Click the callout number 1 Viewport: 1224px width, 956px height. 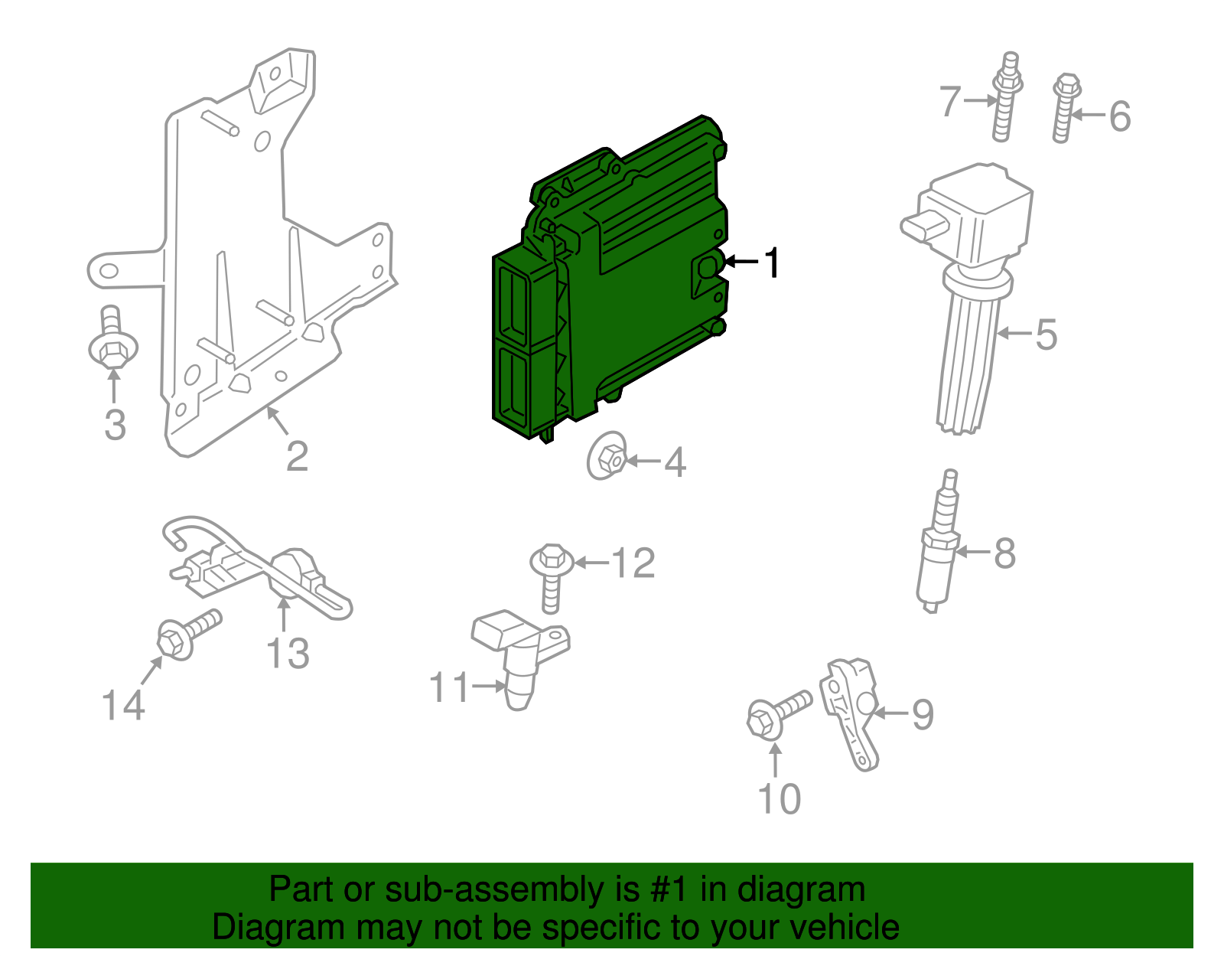773,263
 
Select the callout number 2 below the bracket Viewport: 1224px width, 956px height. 297,457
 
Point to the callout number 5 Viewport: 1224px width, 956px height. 1046,334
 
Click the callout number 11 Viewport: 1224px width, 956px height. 450,687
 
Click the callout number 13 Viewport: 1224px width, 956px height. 288,654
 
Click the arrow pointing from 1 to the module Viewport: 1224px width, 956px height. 740,263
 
